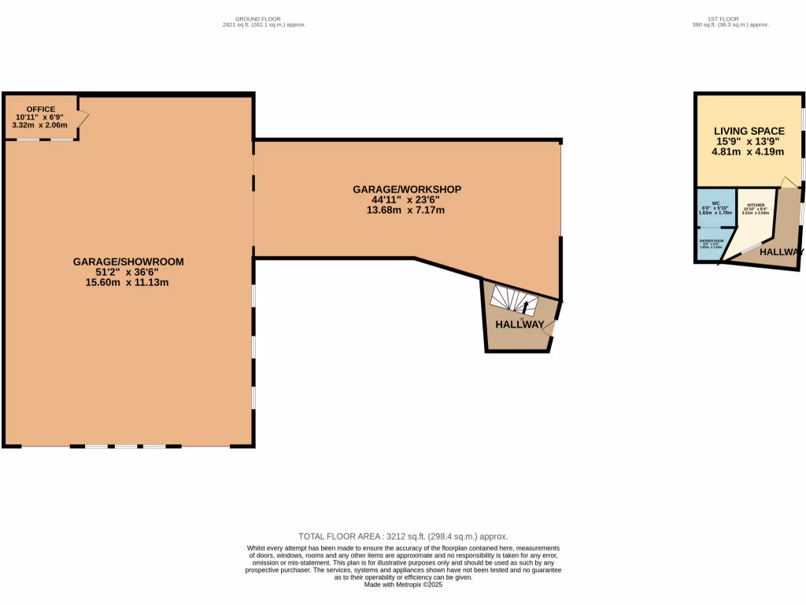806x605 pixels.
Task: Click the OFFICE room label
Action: [41, 109]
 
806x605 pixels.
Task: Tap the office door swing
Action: [83, 117]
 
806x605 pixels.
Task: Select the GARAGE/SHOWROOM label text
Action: [128, 262]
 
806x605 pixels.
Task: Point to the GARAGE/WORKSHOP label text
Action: [407, 189]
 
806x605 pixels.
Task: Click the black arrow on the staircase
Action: [525, 306]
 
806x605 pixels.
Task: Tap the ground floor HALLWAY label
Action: [519, 325]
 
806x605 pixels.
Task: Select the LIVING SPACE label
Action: [749, 131]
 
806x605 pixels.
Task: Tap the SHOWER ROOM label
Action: [712, 241]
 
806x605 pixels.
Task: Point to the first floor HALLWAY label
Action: [781, 252]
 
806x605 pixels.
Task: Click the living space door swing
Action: [787, 183]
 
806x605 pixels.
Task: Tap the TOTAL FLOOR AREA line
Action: [403, 536]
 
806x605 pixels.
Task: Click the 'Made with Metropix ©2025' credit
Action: [403, 585]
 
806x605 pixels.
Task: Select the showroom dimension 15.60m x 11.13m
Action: [128, 282]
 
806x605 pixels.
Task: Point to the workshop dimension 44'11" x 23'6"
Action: [407, 199]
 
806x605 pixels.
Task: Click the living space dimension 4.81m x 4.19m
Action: [749, 152]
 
